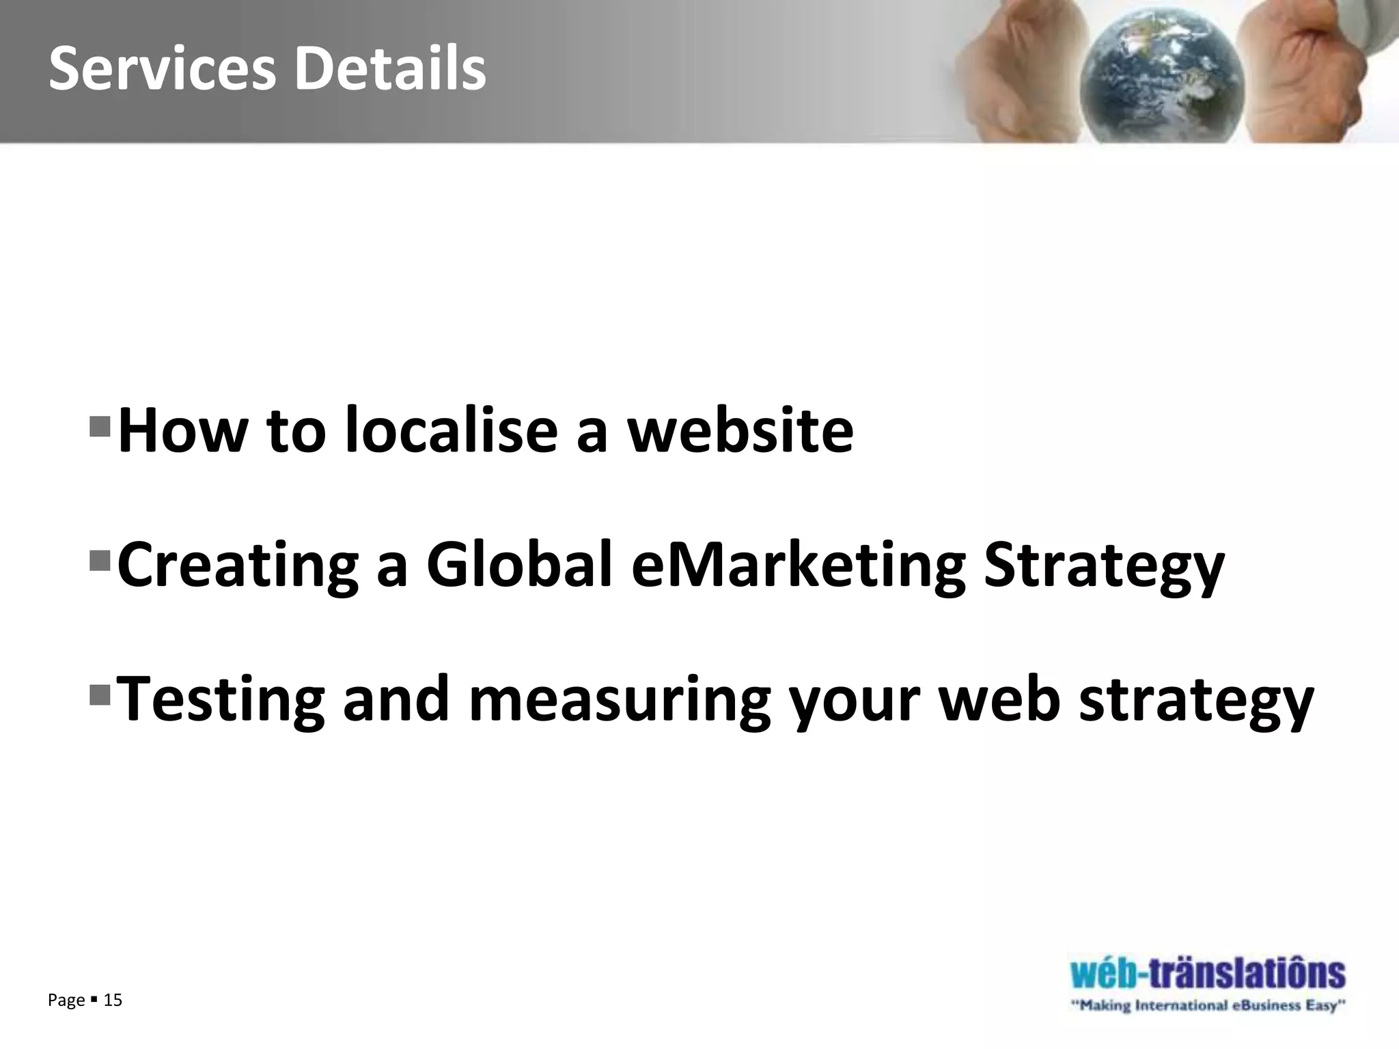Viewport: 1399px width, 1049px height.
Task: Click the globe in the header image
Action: click(1161, 75)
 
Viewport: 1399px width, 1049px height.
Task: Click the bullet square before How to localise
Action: click(100, 427)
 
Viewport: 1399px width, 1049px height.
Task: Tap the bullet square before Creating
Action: click(100, 562)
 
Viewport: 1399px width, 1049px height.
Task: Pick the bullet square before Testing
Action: click(100, 696)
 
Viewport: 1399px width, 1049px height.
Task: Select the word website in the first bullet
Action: click(740, 430)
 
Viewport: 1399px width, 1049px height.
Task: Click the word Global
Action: click(519, 565)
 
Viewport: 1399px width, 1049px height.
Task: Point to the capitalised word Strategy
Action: click(1103, 565)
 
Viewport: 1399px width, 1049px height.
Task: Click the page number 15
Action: click(113, 1001)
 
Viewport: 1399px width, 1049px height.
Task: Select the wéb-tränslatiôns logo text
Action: click(1208, 974)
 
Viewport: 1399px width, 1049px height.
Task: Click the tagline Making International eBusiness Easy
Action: click(1208, 1006)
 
